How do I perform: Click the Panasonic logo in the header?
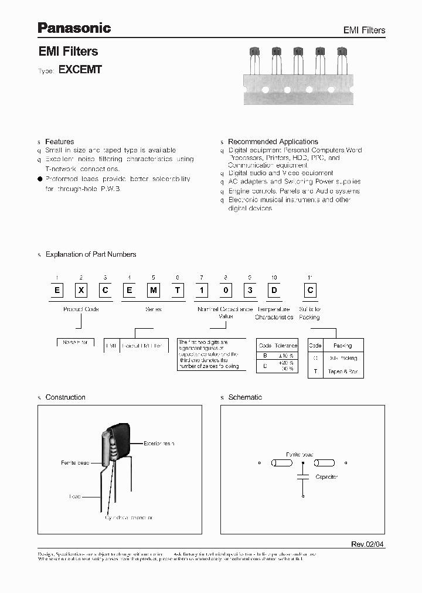(74, 27)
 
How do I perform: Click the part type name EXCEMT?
(80, 69)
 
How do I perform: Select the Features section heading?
(59, 142)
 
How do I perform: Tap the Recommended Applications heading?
(273, 142)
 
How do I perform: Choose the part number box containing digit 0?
(226, 291)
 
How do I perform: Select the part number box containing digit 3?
(250, 291)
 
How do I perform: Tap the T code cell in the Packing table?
(315, 372)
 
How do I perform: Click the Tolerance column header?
(285, 346)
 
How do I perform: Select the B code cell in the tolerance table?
(265, 356)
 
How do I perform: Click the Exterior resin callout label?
(159, 444)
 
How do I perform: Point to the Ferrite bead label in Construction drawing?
(74, 463)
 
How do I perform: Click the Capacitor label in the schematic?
(326, 477)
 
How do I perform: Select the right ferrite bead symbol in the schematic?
(324, 462)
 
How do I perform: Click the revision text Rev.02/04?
(367, 544)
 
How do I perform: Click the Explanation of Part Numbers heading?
(90, 254)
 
